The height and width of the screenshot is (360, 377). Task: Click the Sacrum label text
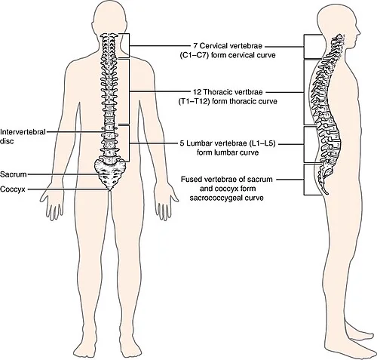pyautogui.click(x=14, y=174)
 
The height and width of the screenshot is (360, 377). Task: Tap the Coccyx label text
pyautogui.click(x=13, y=189)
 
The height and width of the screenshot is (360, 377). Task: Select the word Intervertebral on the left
pyautogui.click(x=23, y=132)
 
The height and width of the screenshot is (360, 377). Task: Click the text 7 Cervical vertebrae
pyautogui.click(x=228, y=46)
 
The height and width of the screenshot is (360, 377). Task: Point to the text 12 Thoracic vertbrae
pyautogui.click(x=228, y=92)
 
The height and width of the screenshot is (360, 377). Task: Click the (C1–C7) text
pyautogui.click(x=195, y=55)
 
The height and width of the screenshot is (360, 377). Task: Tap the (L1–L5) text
pyautogui.click(x=262, y=143)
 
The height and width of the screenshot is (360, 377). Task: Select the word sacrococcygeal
pyautogui.click(x=215, y=198)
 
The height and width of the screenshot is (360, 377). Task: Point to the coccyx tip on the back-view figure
pyautogui.click(x=109, y=190)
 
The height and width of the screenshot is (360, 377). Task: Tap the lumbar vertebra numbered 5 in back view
pyautogui.click(x=109, y=160)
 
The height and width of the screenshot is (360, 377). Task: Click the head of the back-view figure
pyautogui.click(x=110, y=20)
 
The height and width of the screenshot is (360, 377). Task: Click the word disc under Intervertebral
pyautogui.click(x=7, y=141)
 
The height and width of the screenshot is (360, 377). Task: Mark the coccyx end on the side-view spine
pyautogui.click(x=327, y=193)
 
